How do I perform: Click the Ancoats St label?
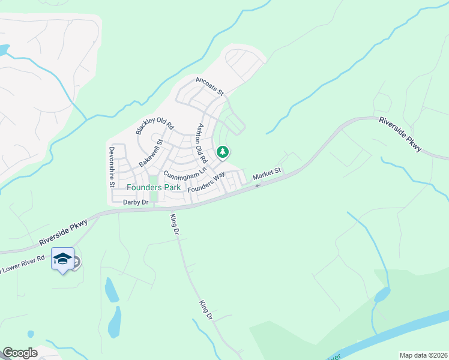[209, 86]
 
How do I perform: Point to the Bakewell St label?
[151, 153]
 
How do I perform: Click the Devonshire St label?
[112, 167]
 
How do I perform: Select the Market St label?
[267, 174]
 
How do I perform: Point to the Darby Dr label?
[135, 202]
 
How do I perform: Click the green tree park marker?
[223, 152]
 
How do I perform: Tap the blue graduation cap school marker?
[62, 259]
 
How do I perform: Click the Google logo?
[20, 353]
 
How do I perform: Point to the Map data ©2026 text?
[423, 355]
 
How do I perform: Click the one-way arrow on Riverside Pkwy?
[258, 185]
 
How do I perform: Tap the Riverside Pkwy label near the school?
[64, 232]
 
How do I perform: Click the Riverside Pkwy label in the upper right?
[400, 134]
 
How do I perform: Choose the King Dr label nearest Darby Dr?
[175, 224]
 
